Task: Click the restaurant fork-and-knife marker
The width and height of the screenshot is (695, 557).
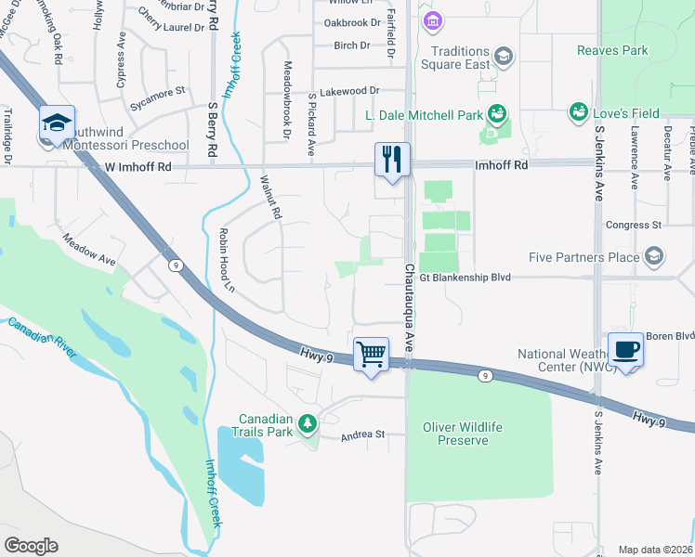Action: (391, 159)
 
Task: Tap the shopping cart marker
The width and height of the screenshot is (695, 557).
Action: (371, 354)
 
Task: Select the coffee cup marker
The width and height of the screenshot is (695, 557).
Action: (626, 349)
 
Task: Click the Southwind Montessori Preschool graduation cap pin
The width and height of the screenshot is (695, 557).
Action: (57, 124)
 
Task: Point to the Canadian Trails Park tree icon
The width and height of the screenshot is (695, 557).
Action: (308, 424)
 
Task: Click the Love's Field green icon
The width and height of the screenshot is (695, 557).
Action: (580, 113)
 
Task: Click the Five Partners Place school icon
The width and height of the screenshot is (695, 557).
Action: (654, 256)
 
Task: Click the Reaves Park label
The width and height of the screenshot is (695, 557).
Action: (612, 50)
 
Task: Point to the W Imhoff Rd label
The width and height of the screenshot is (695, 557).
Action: (138, 167)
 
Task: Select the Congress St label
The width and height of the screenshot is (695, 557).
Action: (633, 225)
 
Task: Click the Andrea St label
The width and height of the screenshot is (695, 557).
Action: (362, 434)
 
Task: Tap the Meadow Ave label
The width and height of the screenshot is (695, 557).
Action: (89, 250)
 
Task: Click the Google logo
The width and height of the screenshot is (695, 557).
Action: (31, 546)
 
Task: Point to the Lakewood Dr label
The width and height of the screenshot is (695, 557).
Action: (349, 91)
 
